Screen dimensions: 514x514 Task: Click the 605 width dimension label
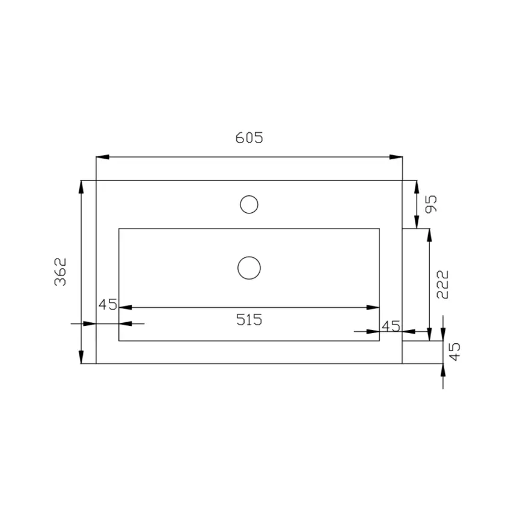[x=249, y=138]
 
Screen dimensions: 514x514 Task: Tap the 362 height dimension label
[x=61, y=272]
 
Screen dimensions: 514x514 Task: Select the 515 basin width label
[x=249, y=320]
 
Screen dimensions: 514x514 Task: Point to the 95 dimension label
[x=431, y=204]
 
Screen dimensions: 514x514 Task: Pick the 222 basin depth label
[x=442, y=284]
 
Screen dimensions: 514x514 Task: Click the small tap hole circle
[x=249, y=204]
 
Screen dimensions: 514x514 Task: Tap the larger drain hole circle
[x=249, y=268]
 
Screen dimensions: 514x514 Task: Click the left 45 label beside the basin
[x=108, y=305]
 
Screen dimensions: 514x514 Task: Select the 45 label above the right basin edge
[x=391, y=326]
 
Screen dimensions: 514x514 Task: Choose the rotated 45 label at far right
[x=454, y=352]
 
